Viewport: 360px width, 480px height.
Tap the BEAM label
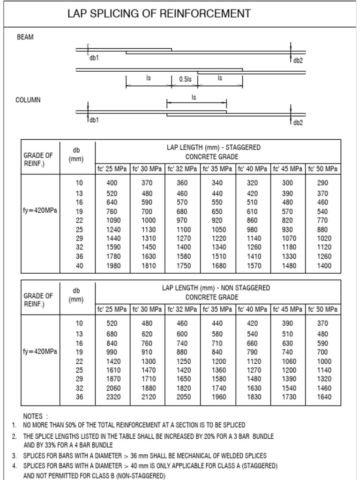tap(25, 37)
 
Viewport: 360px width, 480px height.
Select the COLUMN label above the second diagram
tap(28, 100)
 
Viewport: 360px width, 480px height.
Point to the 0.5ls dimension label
tap(185, 79)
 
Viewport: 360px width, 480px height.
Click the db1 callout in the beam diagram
tap(94, 58)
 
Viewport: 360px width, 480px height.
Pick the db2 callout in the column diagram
tap(298, 123)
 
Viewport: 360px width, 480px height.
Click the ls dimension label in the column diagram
tap(194, 97)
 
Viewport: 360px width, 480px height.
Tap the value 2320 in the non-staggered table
tap(113, 397)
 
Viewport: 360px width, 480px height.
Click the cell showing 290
tap(323, 183)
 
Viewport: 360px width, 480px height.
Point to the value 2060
tap(113, 388)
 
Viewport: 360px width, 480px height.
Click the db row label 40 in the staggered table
tap(79, 266)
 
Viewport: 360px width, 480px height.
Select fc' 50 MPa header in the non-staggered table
tap(323, 309)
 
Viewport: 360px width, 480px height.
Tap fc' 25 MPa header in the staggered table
tap(112, 169)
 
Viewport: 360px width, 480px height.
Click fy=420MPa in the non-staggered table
tap(40, 351)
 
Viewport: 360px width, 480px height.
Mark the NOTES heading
tap(35, 416)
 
